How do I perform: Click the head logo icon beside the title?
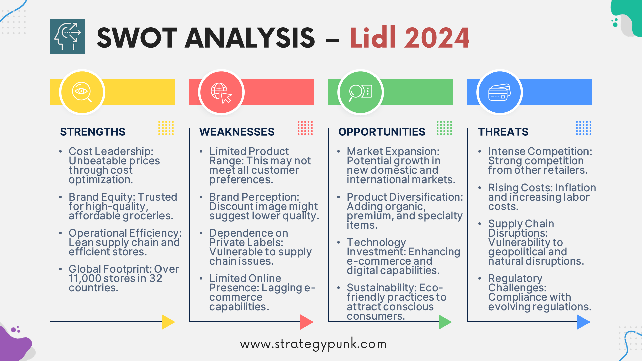[67, 36]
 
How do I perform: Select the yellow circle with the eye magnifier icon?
[82, 92]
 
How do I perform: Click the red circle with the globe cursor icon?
[221, 92]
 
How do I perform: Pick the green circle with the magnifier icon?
[360, 92]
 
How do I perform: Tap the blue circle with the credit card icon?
[500, 92]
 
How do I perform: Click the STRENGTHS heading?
[93, 132]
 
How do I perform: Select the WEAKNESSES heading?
[237, 132]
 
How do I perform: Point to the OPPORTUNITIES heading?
[382, 132]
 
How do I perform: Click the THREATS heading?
[503, 132]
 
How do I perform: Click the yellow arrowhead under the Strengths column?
[168, 322]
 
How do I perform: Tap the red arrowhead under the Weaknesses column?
[306, 322]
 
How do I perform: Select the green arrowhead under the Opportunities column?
[444, 322]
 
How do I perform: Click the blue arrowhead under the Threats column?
[583, 322]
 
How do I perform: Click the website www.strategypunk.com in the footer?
[313, 344]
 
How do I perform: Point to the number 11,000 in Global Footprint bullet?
[85, 278]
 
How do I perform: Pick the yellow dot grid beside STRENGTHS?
[166, 128]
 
